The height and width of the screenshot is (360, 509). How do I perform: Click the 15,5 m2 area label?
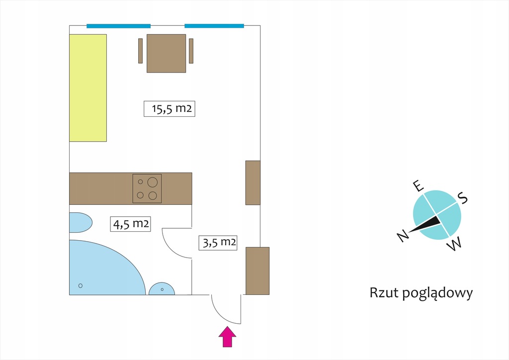169,109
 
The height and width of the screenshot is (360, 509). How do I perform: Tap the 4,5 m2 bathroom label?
130,224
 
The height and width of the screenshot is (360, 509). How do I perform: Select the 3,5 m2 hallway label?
218,243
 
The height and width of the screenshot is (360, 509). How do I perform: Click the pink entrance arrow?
228,337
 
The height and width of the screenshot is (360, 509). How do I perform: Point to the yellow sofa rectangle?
88,88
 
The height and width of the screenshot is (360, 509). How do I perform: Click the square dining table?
166,53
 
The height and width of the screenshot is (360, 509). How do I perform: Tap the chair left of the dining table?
140,51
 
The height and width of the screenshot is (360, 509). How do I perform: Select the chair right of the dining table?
191,51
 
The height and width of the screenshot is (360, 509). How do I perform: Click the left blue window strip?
118,26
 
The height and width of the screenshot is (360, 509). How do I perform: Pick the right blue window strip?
214,26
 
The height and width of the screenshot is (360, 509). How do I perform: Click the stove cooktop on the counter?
147,188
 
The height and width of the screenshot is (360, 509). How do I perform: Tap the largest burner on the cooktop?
153,182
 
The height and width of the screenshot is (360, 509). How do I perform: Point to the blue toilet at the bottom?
162,289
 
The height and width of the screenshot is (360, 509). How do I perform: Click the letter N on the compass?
403,235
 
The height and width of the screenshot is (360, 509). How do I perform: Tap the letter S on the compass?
462,198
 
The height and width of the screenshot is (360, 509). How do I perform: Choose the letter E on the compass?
418,186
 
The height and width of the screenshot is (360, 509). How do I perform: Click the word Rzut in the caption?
381,293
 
